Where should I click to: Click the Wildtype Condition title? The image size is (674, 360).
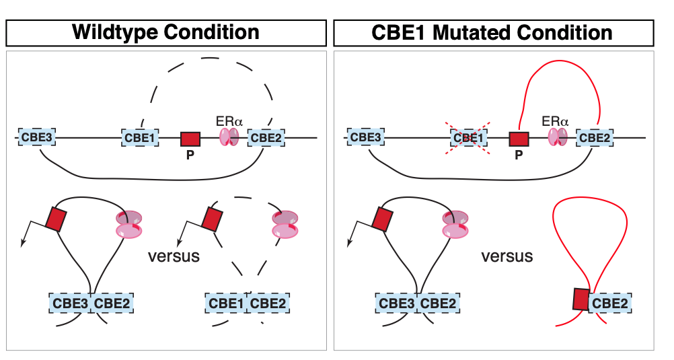click(x=165, y=32)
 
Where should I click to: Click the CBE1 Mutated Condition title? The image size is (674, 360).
click(x=494, y=32)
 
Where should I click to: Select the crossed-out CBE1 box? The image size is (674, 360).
click(x=469, y=138)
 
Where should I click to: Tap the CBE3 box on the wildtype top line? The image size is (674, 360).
click(x=37, y=138)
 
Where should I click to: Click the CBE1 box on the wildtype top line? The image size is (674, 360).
click(x=141, y=138)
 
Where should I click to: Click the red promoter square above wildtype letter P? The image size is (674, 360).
click(x=190, y=139)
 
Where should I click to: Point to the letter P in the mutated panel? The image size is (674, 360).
click(x=519, y=155)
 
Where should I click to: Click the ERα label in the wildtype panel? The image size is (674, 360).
click(x=229, y=121)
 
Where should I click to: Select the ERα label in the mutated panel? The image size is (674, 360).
click(x=556, y=121)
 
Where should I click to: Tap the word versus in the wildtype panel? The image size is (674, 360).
click(x=174, y=256)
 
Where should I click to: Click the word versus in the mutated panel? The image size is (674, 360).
click(x=507, y=256)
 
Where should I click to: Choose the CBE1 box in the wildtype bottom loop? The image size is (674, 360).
click(x=226, y=303)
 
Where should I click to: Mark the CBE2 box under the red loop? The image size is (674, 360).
click(x=611, y=303)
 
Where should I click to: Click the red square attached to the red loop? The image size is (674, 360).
click(x=581, y=299)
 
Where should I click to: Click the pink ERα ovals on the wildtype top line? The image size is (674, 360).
click(x=229, y=137)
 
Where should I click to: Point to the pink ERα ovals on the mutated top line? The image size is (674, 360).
click(x=557, y=137)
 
